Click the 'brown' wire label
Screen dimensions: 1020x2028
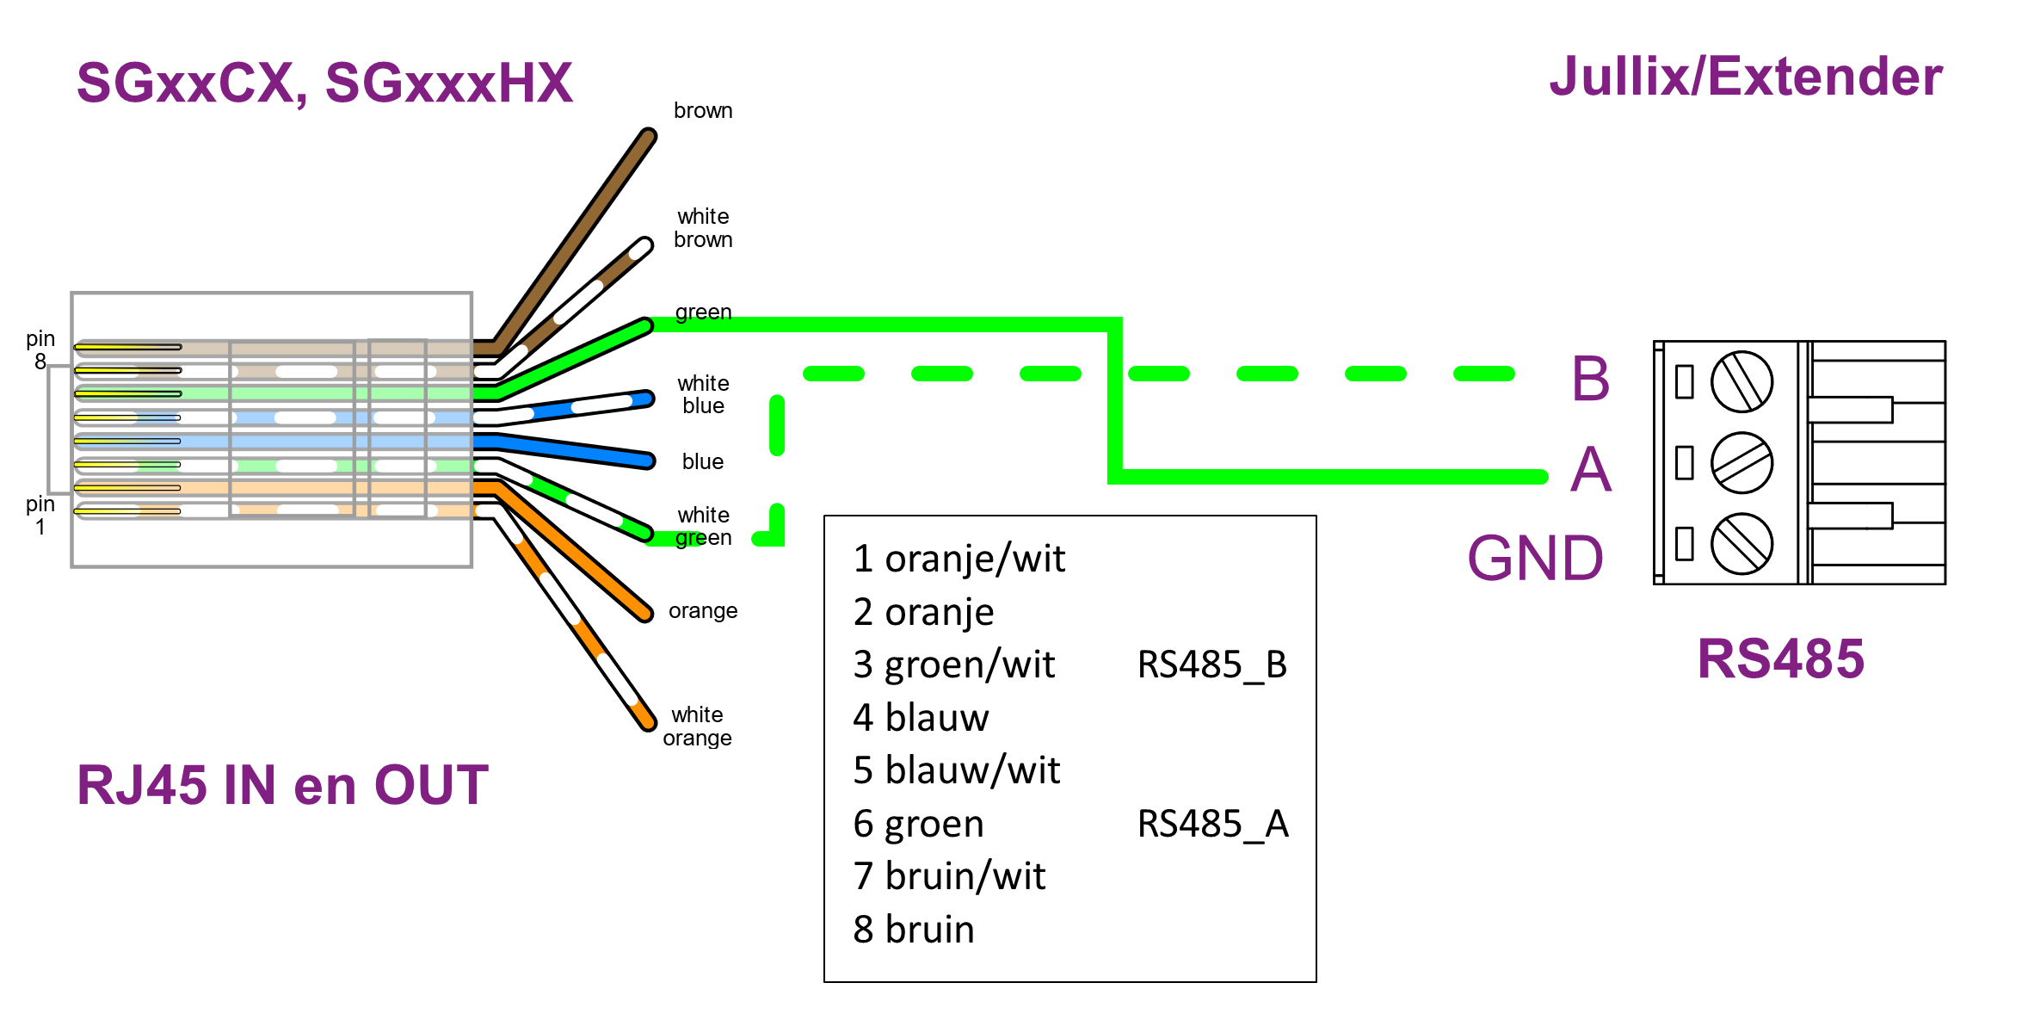[703, 111]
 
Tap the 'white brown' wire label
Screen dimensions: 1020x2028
[703, 228]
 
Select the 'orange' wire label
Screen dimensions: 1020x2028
[703, 611]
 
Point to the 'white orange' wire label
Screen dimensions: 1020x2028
[697, 726]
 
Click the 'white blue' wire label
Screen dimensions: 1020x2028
[703, 394]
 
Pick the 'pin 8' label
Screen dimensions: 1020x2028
[40, 350]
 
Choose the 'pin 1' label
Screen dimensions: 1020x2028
[40, 516]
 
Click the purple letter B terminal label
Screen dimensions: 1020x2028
[1590, 379]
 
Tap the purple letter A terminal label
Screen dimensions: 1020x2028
[1590, 470]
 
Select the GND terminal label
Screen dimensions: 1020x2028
[1535, 559]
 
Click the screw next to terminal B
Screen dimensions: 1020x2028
[1741, 381]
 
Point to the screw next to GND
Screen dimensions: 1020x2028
[1741, 543]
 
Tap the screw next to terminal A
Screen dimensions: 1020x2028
[1741, 463]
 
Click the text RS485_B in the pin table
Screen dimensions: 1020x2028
[1211, 665]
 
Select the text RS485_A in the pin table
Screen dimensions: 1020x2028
[1212, 824]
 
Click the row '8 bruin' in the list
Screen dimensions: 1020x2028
[914, 930]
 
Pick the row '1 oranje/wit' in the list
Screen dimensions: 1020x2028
[959, 559]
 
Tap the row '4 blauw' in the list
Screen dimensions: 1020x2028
[921, 718]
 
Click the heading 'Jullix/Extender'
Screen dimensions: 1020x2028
[1745, 77]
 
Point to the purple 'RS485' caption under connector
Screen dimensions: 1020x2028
[1780, 659]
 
